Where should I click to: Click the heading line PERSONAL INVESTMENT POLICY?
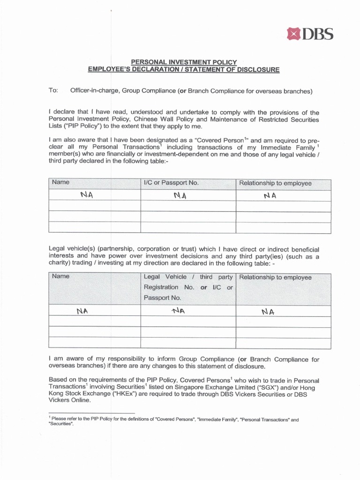[x=183, y=62]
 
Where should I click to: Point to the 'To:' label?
[x=53, y=90]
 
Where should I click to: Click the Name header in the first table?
[x=60, y=182]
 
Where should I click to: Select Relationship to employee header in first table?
[x=275, y=183]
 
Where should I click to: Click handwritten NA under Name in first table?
[x=87, y=195]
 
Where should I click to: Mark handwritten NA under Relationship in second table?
[x=268, y=311]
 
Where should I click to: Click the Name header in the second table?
[x=60, y=277]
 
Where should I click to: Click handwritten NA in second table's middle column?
[x=178, y=310]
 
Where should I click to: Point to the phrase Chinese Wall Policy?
[x=146, y=120]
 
